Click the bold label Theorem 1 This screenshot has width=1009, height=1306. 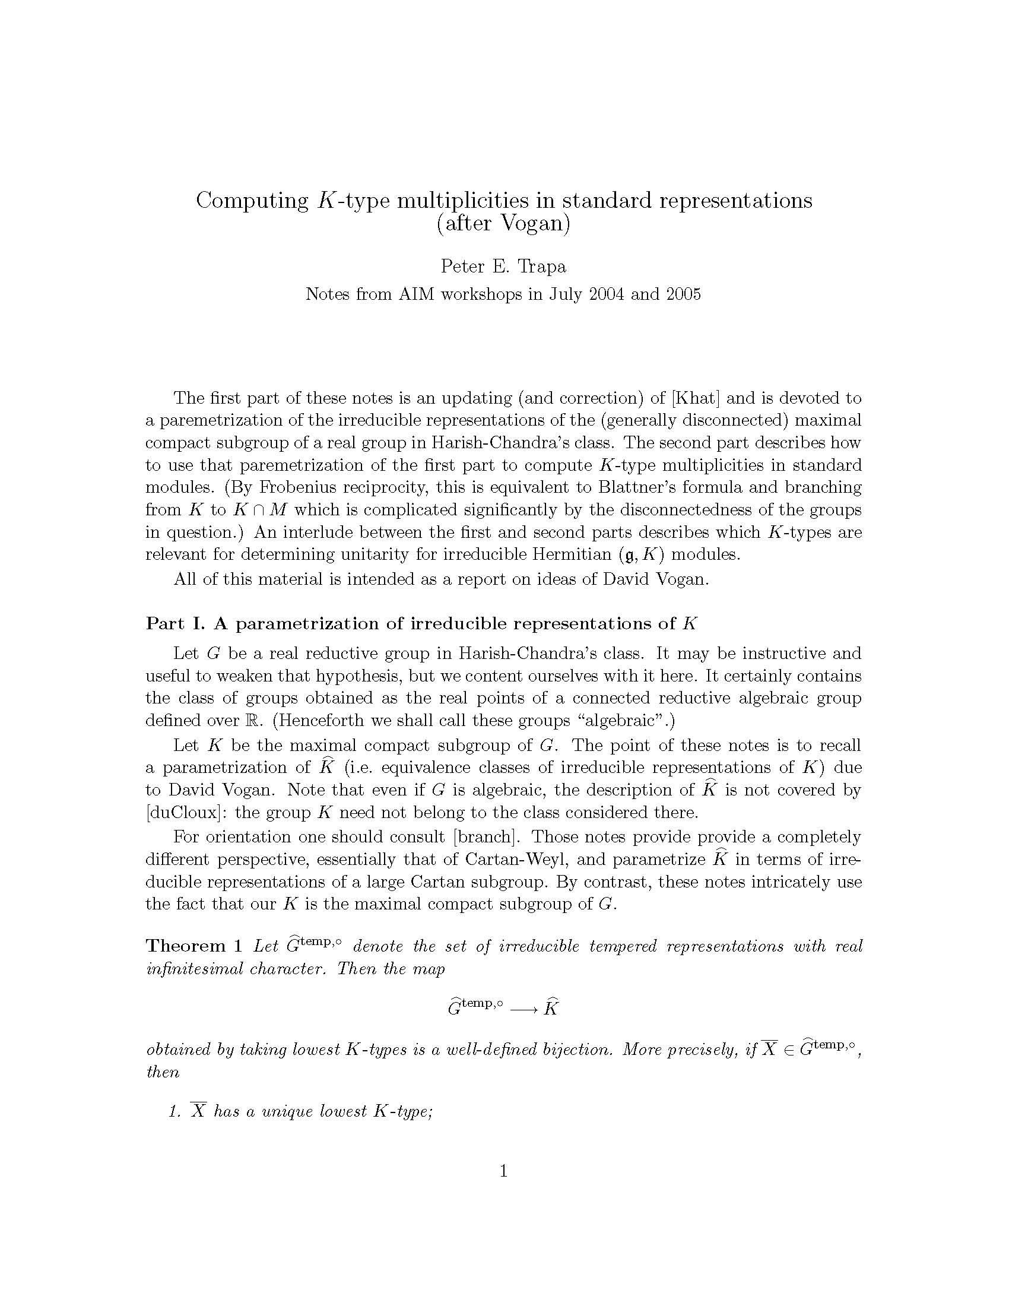(x=194, y=946)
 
